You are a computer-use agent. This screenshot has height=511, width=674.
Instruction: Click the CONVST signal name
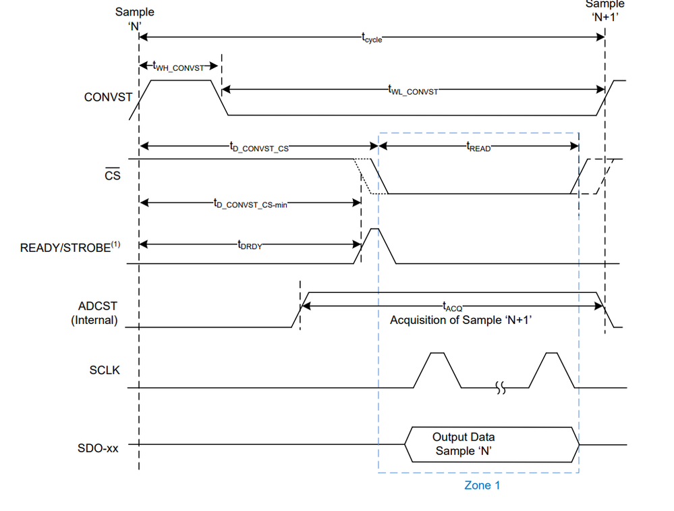pos(108,97)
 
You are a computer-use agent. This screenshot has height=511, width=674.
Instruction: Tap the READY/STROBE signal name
pos(69,248)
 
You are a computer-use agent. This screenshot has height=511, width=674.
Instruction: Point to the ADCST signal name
pos(97,306)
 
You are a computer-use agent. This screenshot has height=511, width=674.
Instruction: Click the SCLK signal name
pos(104,370)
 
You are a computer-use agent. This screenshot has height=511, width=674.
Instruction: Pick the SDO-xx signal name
pos(98,447)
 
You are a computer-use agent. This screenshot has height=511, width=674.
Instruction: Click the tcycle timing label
pos(372,38)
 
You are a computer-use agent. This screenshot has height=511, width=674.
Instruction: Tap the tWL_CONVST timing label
pos(412,90)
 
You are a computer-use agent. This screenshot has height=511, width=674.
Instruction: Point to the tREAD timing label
pos(478,146)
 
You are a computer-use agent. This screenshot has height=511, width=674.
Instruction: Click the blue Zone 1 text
pos(482,485)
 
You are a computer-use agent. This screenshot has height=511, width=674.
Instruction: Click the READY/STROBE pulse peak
pos(374,231)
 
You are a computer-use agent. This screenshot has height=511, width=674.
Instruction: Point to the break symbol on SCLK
pos(500,388)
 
